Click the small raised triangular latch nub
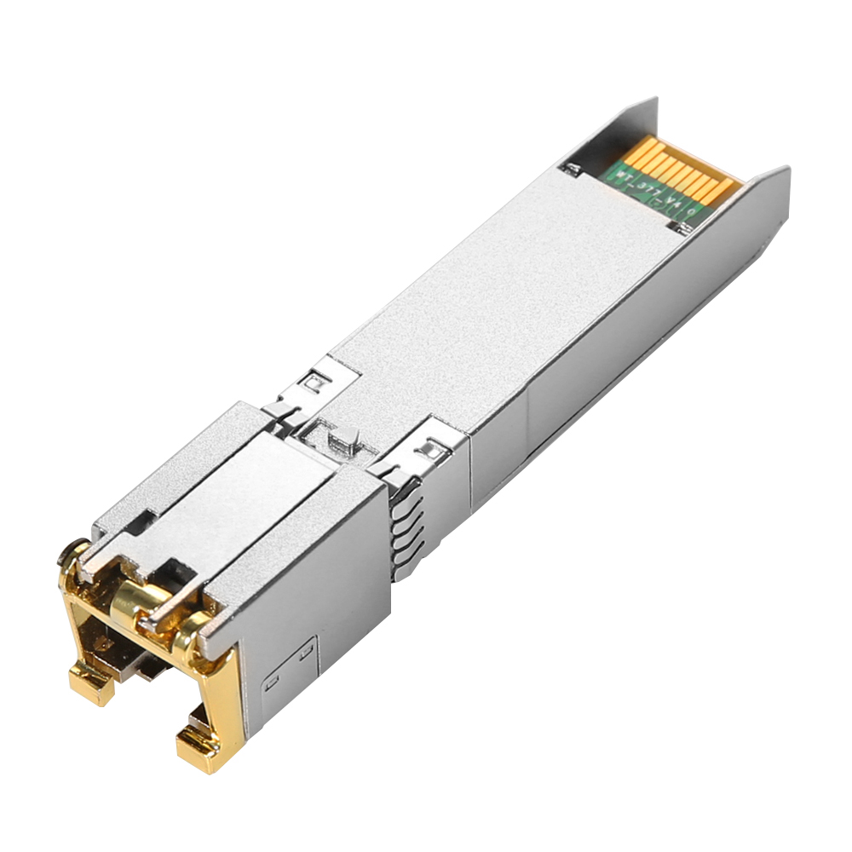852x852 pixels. (341, 439)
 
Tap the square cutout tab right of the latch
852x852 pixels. (430, 444)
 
